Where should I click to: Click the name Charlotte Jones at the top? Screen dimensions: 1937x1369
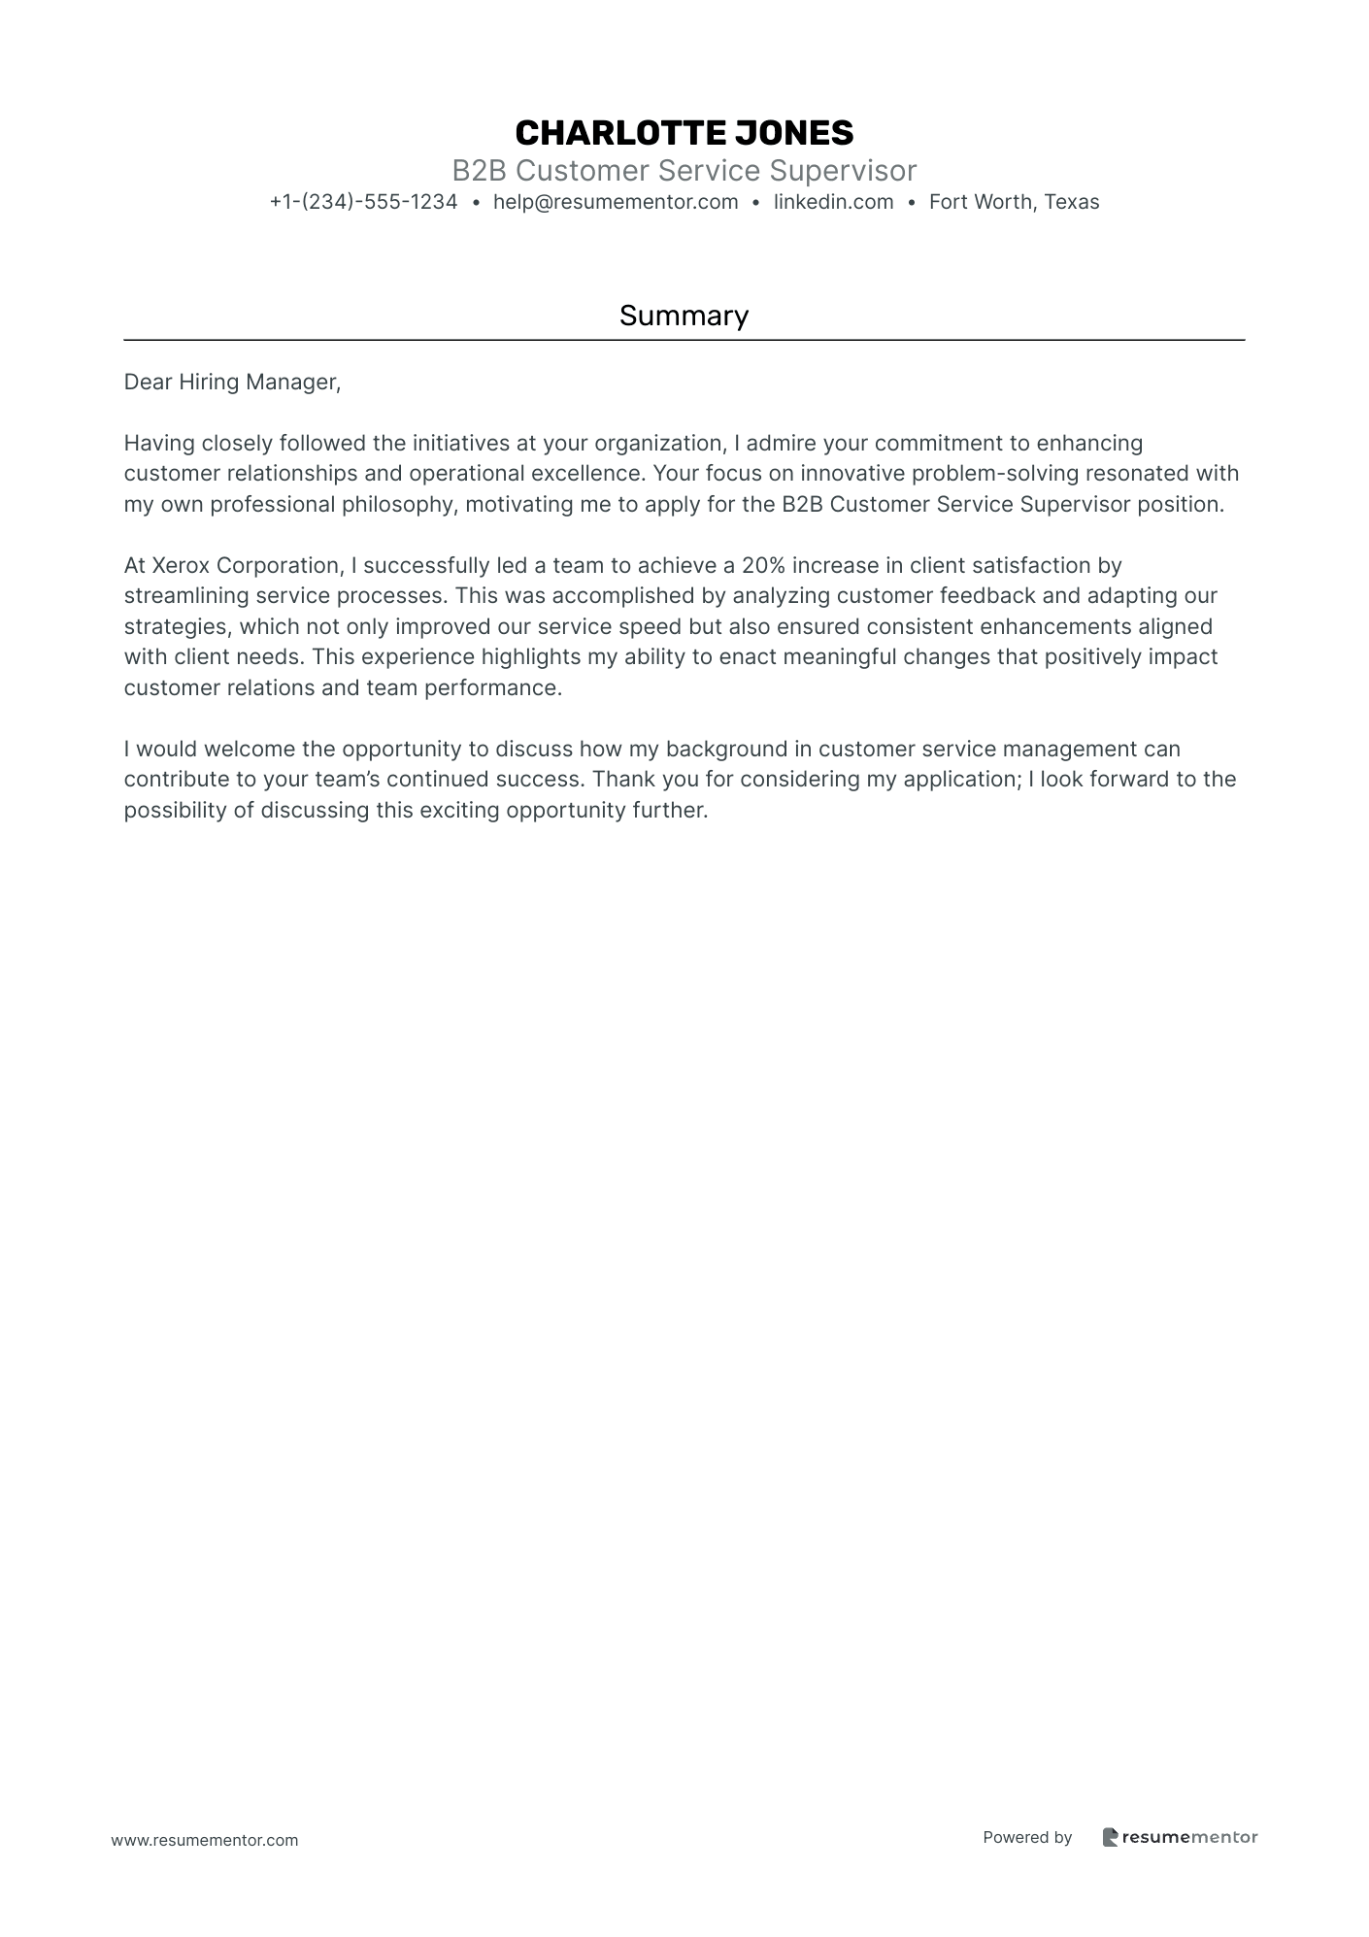pyautogui.click(x=684, y=133)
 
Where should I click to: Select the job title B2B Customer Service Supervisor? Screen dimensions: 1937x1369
pyautogui.click(x=684, y=171)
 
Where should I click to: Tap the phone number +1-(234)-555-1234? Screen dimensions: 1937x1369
pyautogui.click(x=363, y=202)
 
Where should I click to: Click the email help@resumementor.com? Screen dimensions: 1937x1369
pyautogui.click(x=616, y=202)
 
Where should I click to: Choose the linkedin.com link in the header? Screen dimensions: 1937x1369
pyautogui.click(x=833, y=202)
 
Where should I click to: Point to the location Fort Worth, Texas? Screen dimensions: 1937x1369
pyautogui.click(x=1014, y=202)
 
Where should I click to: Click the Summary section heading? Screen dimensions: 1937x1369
pyautogui.click(x=684, y=316)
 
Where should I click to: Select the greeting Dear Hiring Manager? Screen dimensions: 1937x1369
pyautogui.click(x=232, y=383)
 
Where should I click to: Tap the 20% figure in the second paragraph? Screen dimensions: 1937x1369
pyautogui.click(x=763, y=565)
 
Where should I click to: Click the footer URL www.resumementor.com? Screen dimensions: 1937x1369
pyautogui.click(x=205, y=1840)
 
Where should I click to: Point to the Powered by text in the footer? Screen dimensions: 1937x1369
pyautogui.click(x=1027, y=1837)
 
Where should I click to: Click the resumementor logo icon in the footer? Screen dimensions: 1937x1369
pyautogui.click(x=1110, y=1837)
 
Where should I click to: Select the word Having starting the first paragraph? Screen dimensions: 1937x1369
pyautogui.click(x=159, y=444)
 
